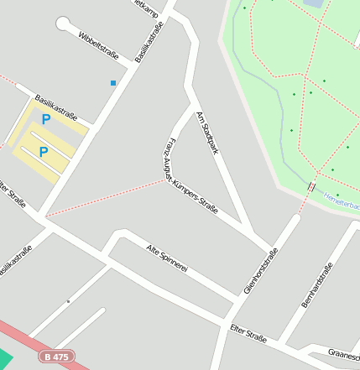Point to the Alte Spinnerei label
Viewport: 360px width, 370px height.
pyautogui.click(x=165, y=258)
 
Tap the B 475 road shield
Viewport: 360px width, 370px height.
pyautogui.click(x=56, y=357)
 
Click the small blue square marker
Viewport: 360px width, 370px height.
pyautogui.click(x=113, y=82)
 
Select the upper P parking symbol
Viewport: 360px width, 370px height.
pyautogui.click(x=46, y=119)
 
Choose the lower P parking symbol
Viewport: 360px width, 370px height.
pyautogui.click(x=43, y=152)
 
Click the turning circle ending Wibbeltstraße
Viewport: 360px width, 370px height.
pyautogui.click(x=63, y=24)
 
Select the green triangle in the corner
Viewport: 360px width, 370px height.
pyautogui.click(x=4, y=359)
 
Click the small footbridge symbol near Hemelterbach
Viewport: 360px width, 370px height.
pyautogui.click(x=311, y=187)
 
